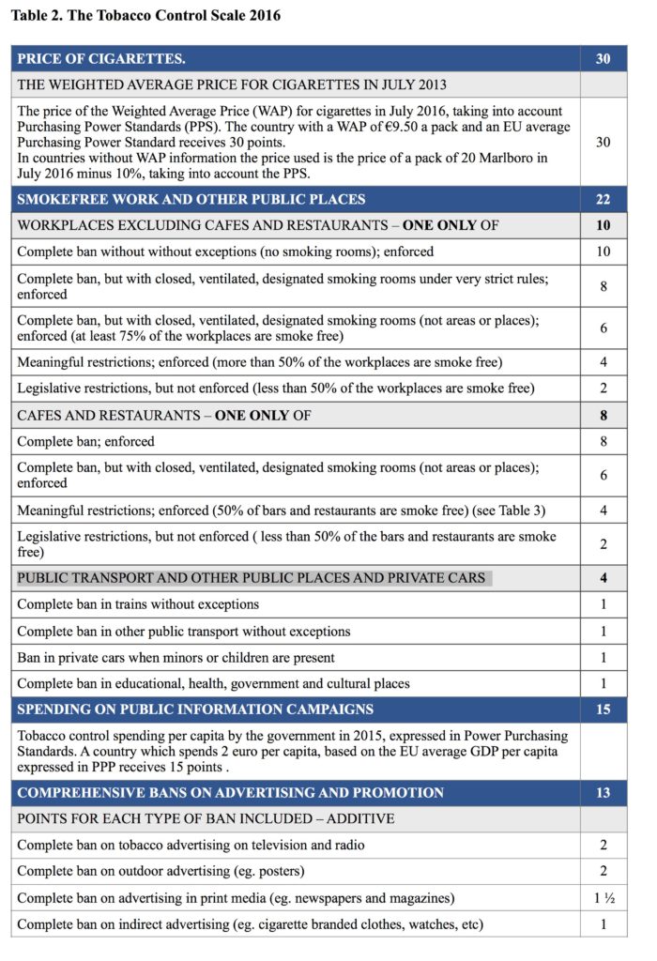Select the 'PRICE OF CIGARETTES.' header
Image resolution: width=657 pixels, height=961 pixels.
[x=101, y=58]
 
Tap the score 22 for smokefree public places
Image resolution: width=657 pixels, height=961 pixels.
[x=603, y=199]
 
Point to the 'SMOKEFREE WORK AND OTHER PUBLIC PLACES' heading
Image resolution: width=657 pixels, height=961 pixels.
[x=191, y=199]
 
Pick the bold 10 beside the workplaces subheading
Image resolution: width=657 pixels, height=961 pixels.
[x=603, y=225]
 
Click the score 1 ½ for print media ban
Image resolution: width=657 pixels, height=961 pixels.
[x=603, y=898]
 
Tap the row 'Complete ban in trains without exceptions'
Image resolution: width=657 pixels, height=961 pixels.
[x=138, y=604]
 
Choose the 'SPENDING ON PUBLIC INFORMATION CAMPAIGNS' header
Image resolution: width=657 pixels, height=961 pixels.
[x=195, y=709]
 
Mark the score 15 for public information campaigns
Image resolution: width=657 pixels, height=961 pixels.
[x=603, y=709]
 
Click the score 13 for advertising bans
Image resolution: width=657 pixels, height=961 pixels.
[x=603, y=793]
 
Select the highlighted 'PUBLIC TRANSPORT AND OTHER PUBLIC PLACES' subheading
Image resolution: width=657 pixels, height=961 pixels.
[x=252, y=578]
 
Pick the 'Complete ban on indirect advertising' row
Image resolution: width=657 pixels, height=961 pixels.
[x=250, y=924]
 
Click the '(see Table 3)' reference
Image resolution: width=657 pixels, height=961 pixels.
[x=481, y=510]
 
